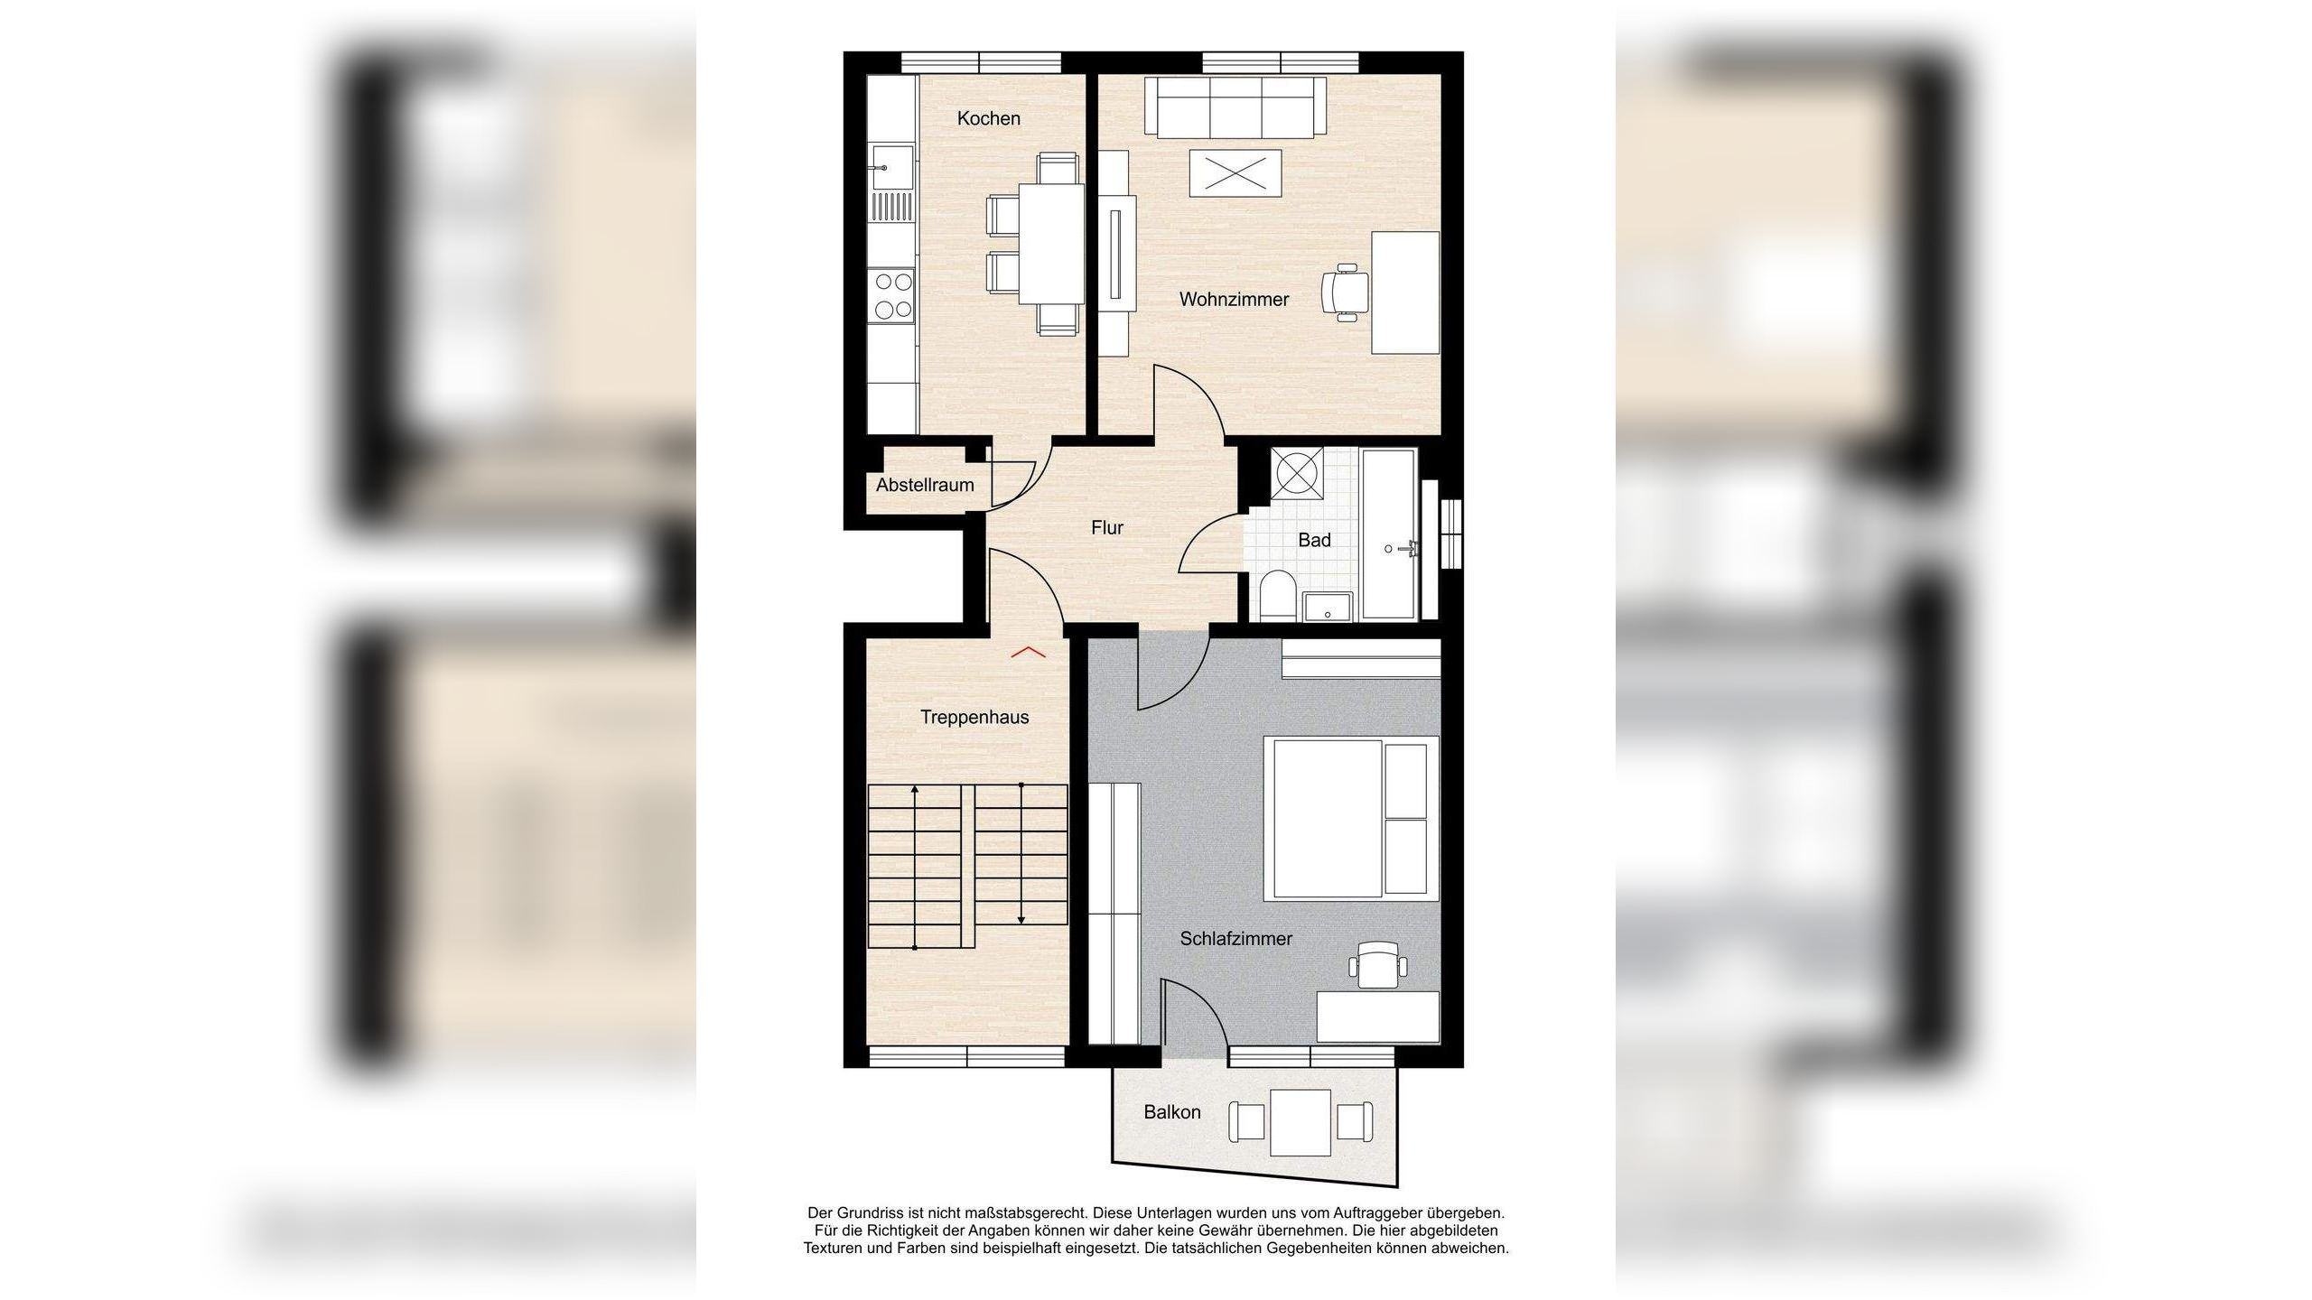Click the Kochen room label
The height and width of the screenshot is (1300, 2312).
pos(988,118)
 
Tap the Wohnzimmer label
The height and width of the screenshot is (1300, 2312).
pos(1234,299)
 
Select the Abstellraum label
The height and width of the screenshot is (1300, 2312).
pos(925,485)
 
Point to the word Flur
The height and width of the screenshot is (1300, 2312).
pos(1107,527)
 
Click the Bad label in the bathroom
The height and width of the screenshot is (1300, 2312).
pos(1314,540)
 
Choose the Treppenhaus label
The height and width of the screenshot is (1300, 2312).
pos(974,717)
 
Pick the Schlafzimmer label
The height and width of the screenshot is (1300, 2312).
pos(1235,939)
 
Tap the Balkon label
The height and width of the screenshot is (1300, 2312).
pos(1172,1112)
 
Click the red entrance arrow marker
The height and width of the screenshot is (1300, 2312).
pos(1028,651)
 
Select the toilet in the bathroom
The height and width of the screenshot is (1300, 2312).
pos(1277,596)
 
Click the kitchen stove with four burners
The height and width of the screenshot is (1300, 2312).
pos(260,295)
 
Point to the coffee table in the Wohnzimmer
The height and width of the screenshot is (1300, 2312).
pos(1235,172)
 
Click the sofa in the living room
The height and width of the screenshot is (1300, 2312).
pos(1235,107)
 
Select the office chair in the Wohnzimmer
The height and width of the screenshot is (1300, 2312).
pos(1343,292)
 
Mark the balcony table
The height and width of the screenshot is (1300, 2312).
pos(1300,1122)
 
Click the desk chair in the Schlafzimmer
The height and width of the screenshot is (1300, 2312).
pos(1378,965)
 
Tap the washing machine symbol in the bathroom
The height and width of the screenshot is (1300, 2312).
pos(1297,472)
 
